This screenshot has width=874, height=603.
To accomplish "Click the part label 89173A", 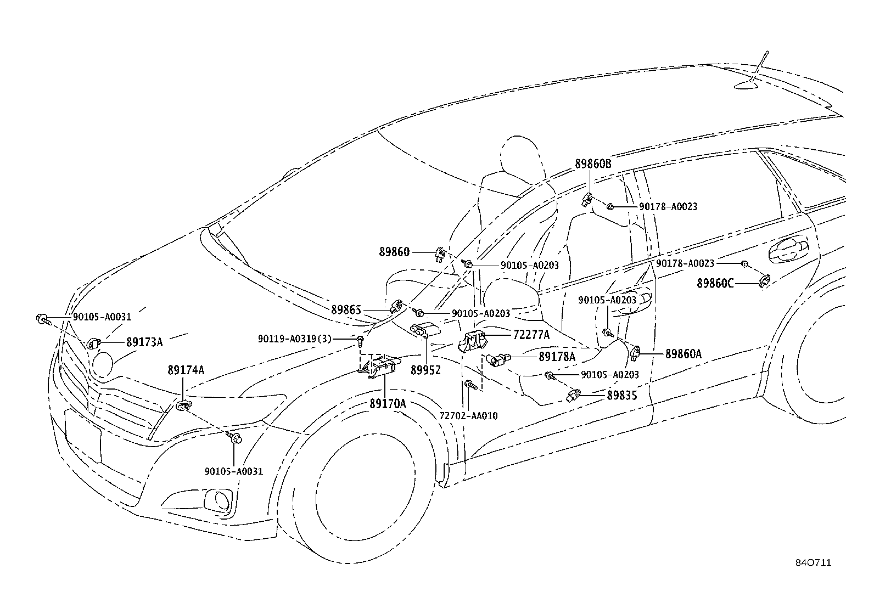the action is coord(144,342).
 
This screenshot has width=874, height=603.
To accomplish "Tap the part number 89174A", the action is coord(186,370).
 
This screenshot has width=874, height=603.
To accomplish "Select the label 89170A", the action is coord(388,404).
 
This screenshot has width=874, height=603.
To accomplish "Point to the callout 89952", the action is coord(425,370).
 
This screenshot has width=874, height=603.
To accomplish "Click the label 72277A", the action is coord(531,335).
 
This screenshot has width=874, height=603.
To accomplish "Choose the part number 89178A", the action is coord(557,357).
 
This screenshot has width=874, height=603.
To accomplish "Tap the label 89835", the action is coord(622,396).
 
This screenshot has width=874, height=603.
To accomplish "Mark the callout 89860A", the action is coord(683,354).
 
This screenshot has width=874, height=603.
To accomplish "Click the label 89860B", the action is coord(593,164).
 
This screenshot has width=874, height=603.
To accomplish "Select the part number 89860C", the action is coord(715,283).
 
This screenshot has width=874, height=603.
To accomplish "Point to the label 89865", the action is coord(346,309).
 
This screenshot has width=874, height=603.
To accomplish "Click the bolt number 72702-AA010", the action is coord(469,416).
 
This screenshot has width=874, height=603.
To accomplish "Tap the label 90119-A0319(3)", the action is coord(295,339).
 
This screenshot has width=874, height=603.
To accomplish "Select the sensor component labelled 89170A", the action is coord(378,367).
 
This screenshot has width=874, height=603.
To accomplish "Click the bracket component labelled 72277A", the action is coord(472,341).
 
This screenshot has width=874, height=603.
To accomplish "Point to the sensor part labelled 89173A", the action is coord(94,343).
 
